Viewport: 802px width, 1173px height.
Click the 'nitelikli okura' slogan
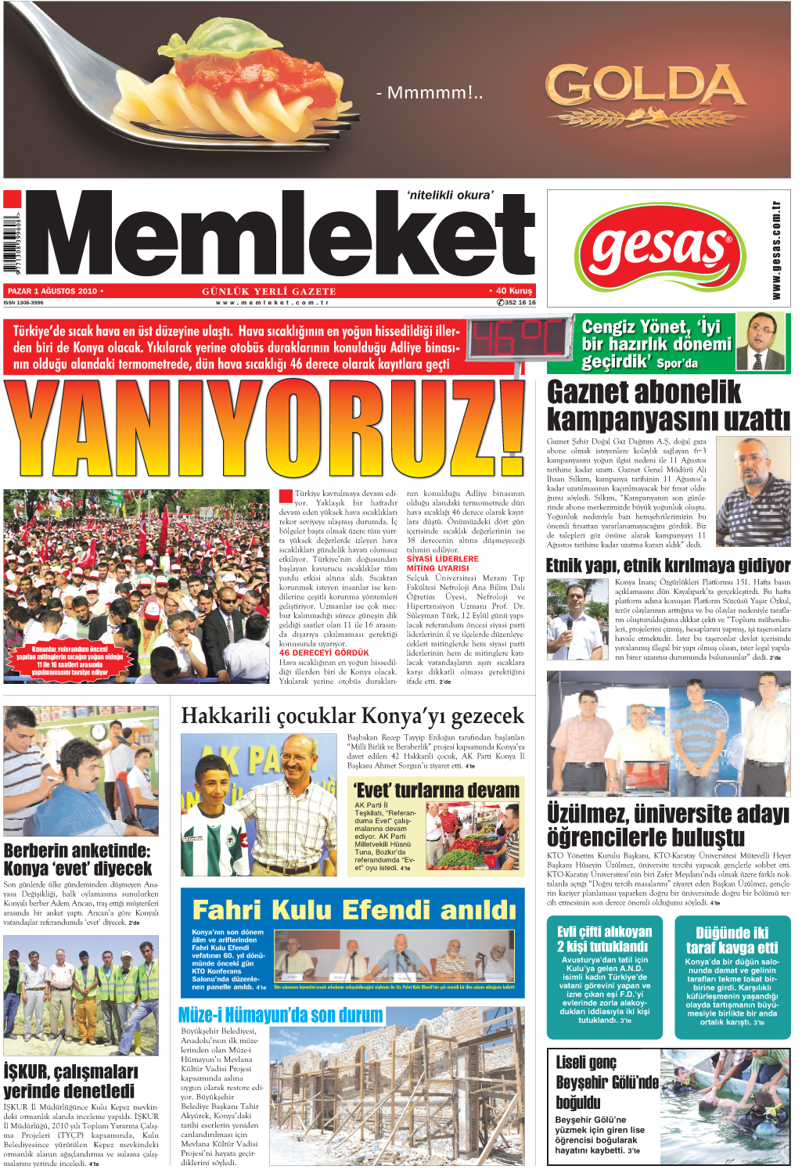[451, 196]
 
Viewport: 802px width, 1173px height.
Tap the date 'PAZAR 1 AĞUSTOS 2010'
[53, 291]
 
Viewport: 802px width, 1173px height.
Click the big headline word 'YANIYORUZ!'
[264, 430]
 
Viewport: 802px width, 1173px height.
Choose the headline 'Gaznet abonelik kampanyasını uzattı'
[667, 405]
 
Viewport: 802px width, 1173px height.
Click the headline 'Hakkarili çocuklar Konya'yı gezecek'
[352, 716]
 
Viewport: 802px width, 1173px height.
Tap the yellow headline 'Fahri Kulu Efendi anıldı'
[354, 910]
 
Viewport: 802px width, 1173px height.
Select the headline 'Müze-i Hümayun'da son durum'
[280, 1015]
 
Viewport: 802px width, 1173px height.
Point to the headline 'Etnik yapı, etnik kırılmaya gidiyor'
[667, 565]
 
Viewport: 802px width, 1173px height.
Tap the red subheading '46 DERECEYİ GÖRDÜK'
[324, 653]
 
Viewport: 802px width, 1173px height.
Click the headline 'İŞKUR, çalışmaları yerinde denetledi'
[70, 1081]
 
